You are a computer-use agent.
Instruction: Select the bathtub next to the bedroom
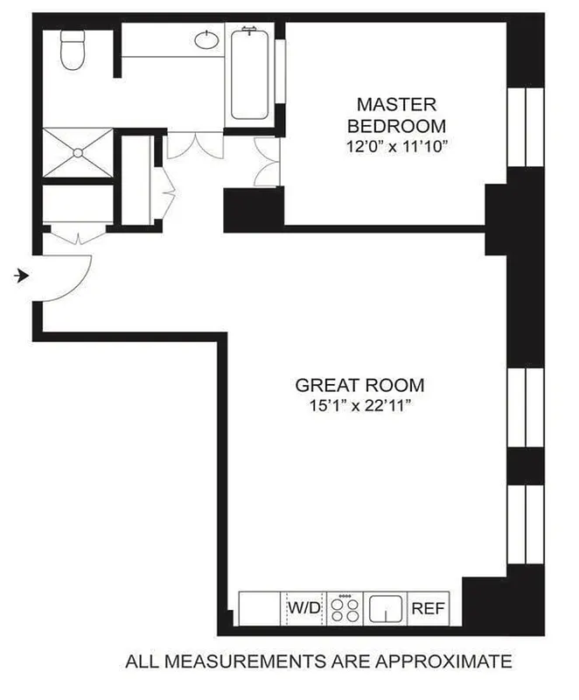click(251, 73)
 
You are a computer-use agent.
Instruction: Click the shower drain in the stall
click(77, 153)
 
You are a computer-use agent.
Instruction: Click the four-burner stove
click(345, 607)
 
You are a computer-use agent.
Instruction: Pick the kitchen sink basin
click(385, 606)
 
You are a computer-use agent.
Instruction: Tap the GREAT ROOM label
click(359, 384)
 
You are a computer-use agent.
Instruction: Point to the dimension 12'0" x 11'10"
click(396, 147)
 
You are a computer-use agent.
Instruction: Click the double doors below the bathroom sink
click(191, 145)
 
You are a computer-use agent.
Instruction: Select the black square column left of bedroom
click(254, 208)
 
